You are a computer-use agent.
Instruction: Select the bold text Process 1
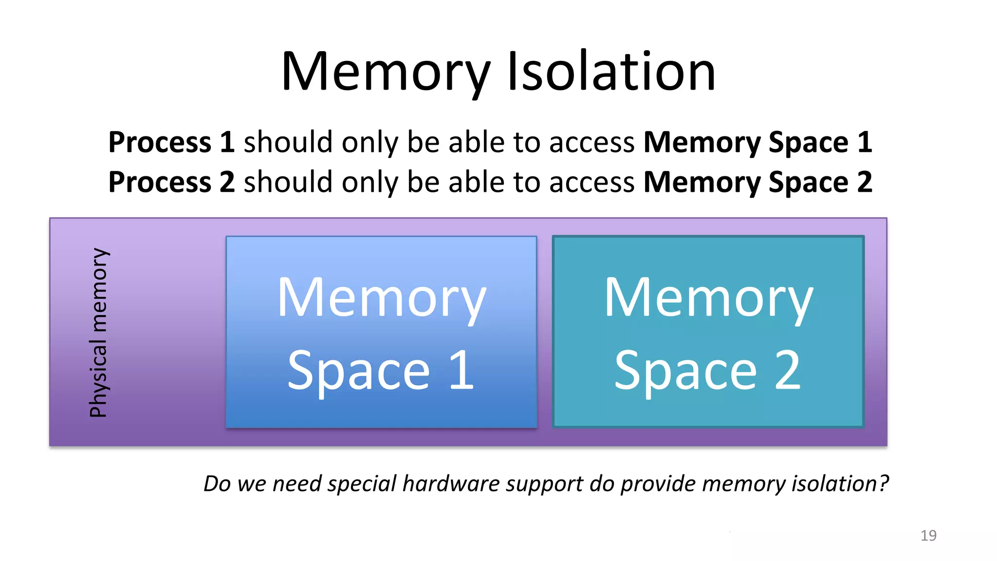[x=171, y=142]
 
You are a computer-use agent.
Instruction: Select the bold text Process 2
[x=171, y=182]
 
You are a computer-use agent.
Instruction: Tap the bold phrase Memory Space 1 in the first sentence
[x=757, y=142]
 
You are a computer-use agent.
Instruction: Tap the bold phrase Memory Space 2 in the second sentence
[x=757, y=182]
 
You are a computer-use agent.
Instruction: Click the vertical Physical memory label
[x=98, y=332]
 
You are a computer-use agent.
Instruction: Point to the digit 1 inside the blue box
[x=462, y=370]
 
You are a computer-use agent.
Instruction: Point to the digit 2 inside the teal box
[x=787, y=370]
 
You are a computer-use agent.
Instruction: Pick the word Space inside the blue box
[x=359, y=371]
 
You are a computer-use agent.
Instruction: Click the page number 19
[x=928, y=535]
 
